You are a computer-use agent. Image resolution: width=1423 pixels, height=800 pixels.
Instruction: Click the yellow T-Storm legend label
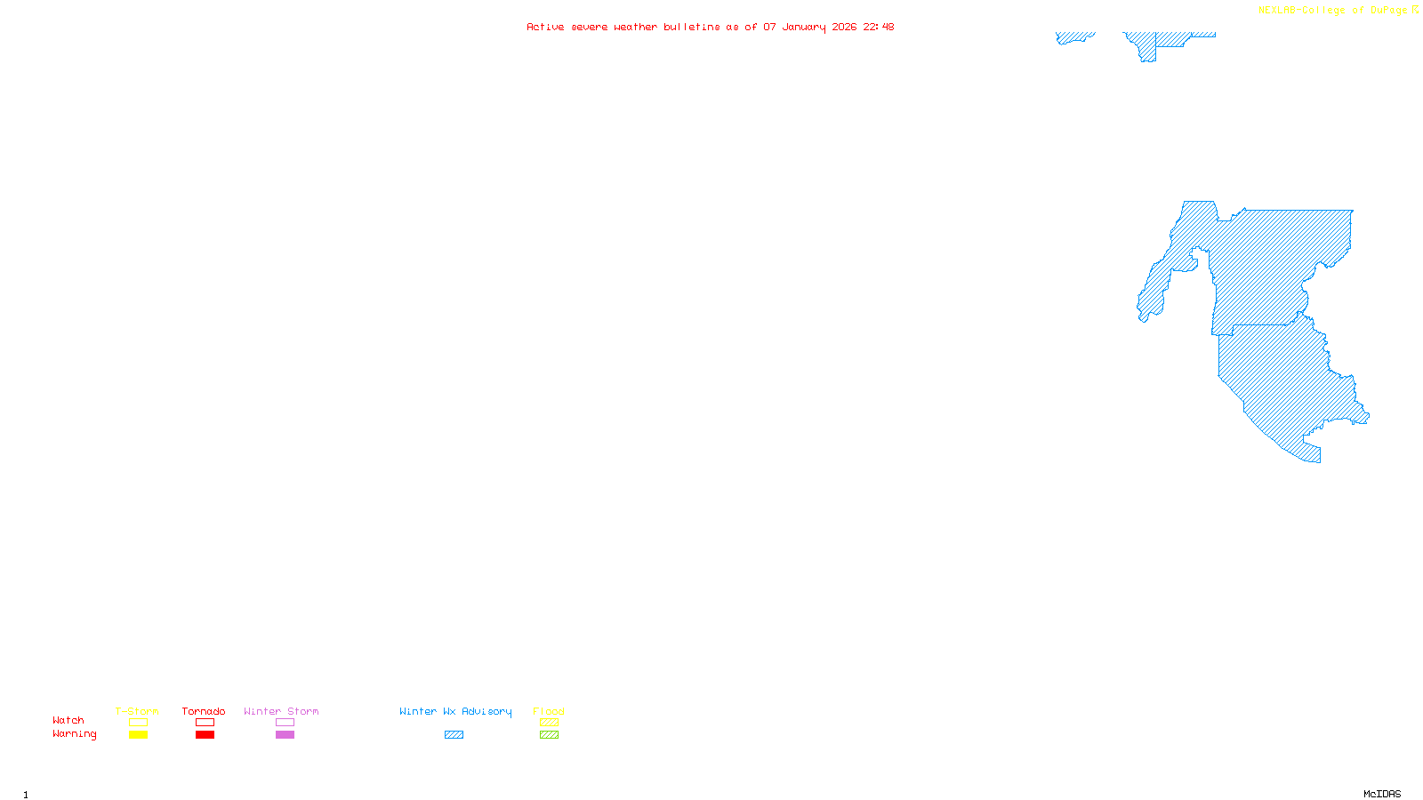[x=137, y=711]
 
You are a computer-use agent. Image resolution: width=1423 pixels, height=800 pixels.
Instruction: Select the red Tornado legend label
[x=204, y=711]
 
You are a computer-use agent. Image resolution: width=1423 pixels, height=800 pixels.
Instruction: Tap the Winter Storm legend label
[x=281, y=711]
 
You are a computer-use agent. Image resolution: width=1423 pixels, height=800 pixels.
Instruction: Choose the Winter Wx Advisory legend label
[x=455, y=711]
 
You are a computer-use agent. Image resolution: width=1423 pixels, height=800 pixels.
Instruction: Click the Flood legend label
[x=549, y=711]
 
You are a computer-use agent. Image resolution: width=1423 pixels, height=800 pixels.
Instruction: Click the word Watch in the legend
[x=68, y=720]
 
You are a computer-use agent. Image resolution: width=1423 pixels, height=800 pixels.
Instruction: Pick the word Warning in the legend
[x=75, y=734]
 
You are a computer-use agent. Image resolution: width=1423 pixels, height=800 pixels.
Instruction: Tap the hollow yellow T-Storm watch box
[x=138, y=723]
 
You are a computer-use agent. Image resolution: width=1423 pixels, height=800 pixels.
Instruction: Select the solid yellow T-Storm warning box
[x=138, y=735]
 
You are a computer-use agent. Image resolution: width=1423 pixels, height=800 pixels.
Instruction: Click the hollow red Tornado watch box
[x=205, y=723]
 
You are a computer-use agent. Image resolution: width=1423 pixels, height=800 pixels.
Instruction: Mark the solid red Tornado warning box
[x=205, y=735]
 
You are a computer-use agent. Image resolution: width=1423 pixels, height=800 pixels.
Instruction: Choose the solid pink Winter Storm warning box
[x=285, y=735]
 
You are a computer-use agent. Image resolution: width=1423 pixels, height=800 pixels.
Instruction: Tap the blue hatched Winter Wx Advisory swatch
[x=454, y=735]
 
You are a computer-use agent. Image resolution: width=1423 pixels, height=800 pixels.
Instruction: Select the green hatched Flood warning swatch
[x=549, y=735]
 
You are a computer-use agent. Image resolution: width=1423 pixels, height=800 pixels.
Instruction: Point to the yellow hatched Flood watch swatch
[x=549, y=723]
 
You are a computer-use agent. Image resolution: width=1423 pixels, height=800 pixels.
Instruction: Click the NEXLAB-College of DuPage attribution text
[x=1333, y=10]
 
